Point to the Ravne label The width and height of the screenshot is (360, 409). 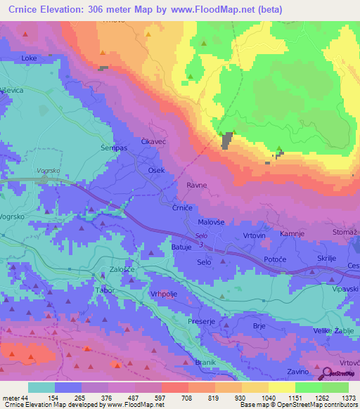(x=196, y=186)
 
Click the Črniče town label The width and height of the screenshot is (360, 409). (x=183, y=208)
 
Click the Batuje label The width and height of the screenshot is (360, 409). (x=181, y=247)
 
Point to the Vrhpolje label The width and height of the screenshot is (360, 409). (x=163, y=294)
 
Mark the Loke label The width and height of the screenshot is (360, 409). (x=29, y=57)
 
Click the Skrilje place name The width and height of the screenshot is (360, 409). (x=328, y=259)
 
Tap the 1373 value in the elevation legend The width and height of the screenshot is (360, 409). (x=349, y=397)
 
